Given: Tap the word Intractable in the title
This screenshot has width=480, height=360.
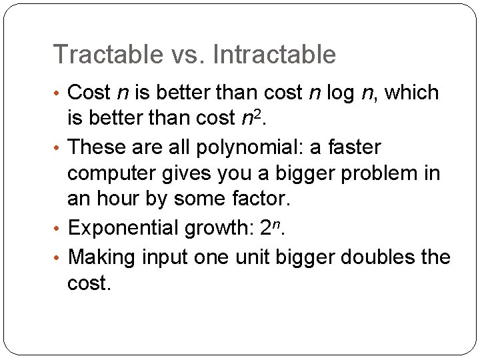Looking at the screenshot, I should click(275, 54).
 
